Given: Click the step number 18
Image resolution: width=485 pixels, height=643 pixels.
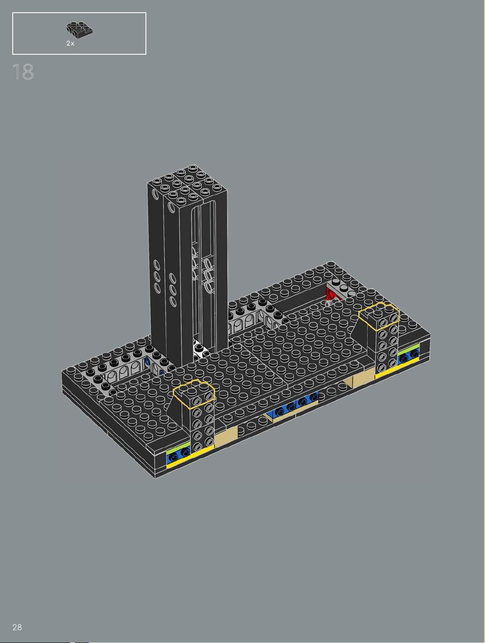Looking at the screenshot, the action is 23,72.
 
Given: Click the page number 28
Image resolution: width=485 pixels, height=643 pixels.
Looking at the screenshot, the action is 17,627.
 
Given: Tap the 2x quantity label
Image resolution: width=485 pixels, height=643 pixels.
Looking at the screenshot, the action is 71,43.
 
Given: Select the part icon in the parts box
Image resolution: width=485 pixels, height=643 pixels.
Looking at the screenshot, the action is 79,30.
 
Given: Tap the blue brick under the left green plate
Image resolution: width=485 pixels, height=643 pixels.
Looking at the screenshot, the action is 178,455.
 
